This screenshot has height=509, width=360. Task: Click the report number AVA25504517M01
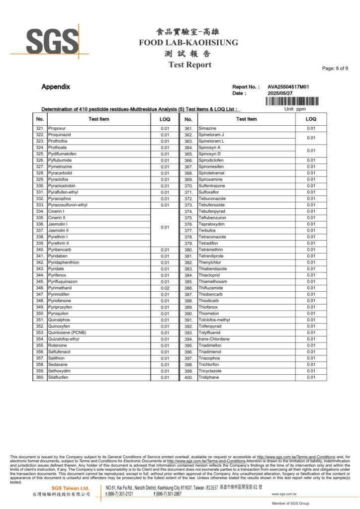coord(288,86)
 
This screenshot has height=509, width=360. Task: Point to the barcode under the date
coord(292,101)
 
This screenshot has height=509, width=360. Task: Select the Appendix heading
coord(56,86)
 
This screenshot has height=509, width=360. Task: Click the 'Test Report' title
coord(189,65)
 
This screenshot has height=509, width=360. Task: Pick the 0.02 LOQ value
coord(165,288)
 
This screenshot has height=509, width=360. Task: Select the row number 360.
coord(40,377)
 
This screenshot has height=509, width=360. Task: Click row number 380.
coord(188,250)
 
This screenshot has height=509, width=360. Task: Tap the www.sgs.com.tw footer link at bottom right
coord(284,494)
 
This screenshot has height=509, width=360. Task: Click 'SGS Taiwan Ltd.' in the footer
coord(71,488)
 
